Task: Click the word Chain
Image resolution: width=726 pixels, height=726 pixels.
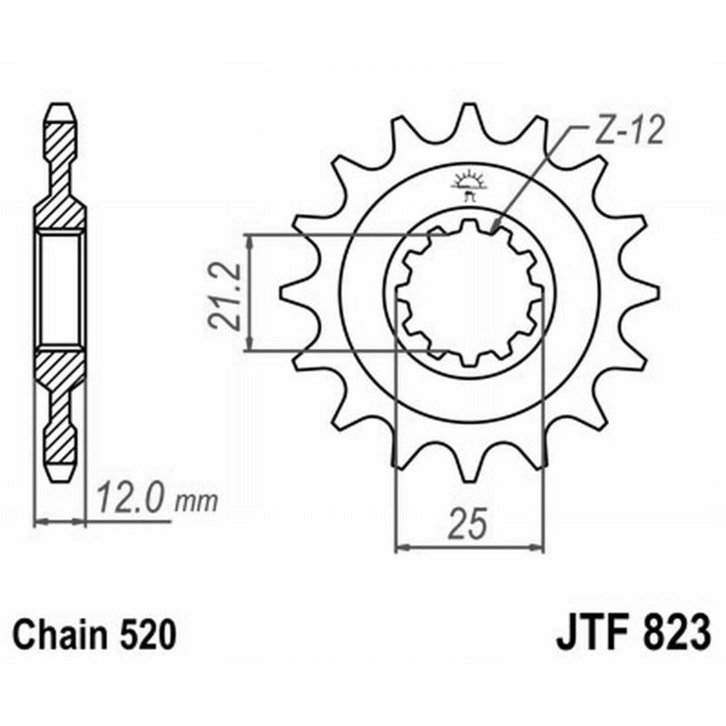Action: coord(63,633)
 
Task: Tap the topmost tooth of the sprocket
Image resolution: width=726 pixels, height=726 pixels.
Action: coord(469,113)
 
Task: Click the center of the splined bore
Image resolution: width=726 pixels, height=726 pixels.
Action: coord(469,292)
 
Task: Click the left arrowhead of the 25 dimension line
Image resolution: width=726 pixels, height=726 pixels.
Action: coord(400,546)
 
